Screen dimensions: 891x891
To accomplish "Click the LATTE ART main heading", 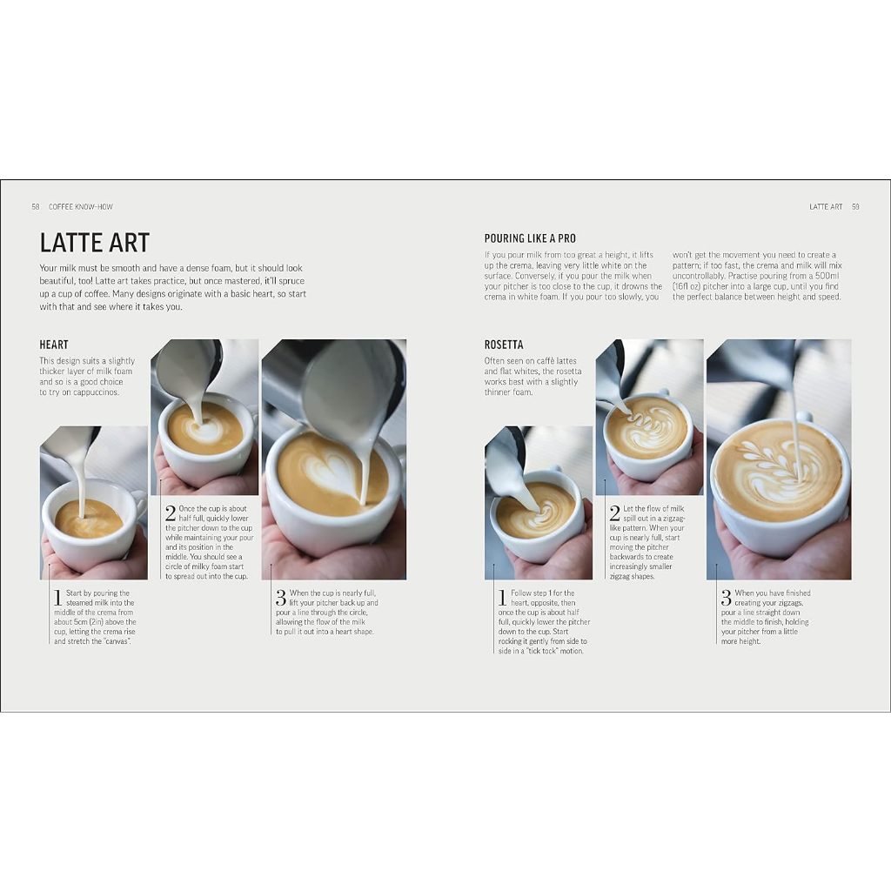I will tap(95, 242).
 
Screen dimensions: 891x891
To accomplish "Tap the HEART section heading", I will tap(54, 345).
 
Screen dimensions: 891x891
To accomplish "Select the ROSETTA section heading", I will tap(504, 345).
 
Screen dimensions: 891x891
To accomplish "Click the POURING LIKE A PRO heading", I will tap(530, 238).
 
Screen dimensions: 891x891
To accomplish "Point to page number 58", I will tap(36, 207).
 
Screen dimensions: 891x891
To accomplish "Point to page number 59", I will tap(855, 207).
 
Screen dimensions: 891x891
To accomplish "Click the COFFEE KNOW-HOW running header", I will tap(81, 207).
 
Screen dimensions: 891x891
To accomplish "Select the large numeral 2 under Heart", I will tap(171, 513).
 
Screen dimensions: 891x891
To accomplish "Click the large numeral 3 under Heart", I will tap(281, 598).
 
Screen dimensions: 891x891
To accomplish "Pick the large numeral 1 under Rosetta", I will tap(502, 598).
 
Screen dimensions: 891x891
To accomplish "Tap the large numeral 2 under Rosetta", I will tap(615, 513).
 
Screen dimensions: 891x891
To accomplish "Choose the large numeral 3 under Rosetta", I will tap(726, 598).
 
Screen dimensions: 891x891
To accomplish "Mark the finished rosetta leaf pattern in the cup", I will tap(774, 471).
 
